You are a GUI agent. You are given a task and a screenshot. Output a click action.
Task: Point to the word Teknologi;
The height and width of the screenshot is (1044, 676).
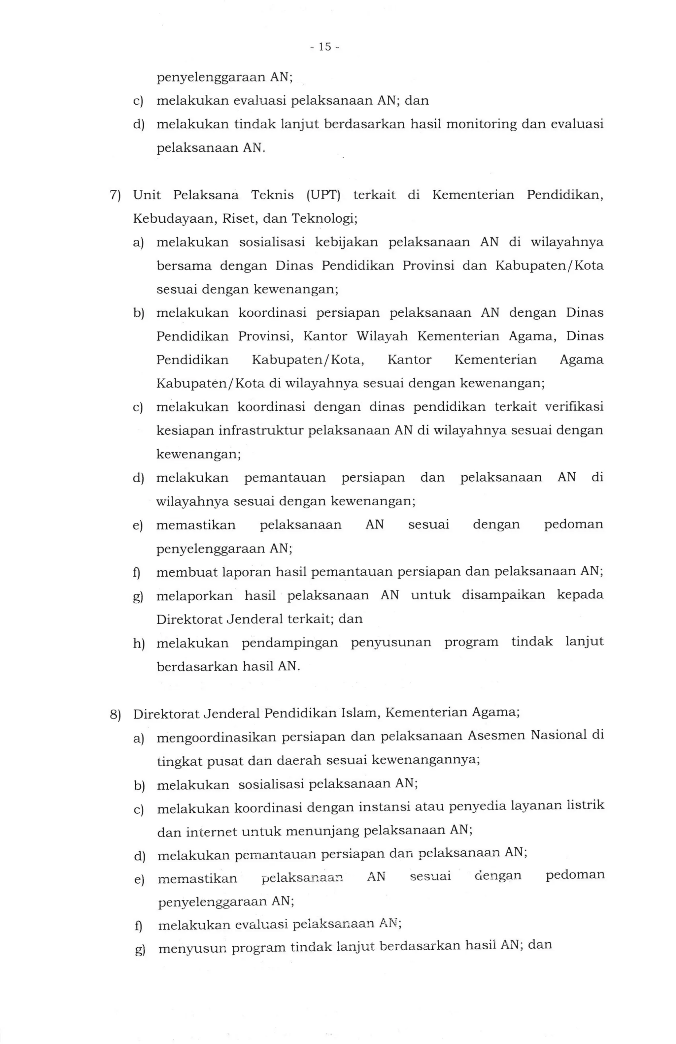click(325, 219)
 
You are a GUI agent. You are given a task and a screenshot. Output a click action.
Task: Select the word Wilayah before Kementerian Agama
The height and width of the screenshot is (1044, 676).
click(382, 336)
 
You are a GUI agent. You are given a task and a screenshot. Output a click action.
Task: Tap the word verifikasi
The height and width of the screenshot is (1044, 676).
click(574, 407)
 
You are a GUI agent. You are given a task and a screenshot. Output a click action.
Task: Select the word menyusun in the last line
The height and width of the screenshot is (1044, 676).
click(192, 948)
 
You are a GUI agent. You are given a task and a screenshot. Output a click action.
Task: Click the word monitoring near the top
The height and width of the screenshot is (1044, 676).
click(481, 125)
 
